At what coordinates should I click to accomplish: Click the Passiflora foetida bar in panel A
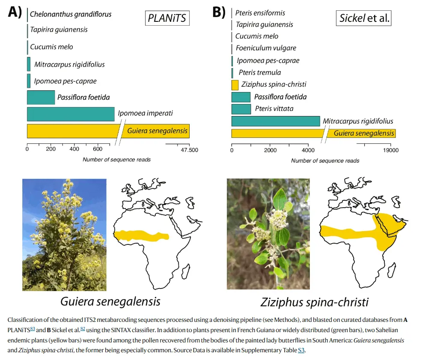tap(41, 98)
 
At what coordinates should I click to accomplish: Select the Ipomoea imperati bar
tap(71, 114)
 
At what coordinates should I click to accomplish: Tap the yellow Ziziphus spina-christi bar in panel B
tap(235, 85)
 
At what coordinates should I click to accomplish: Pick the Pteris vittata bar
tap(241, 109)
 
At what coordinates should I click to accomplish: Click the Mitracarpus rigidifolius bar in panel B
tap(276, 121)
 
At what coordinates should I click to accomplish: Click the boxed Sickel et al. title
tap(364, 18)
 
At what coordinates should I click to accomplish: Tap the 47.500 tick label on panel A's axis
tap(189, 150)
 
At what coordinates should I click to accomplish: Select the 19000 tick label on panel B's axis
tap(390, 150)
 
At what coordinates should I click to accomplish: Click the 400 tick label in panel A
tap(74, 150)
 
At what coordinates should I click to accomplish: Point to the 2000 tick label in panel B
tap(270, 150)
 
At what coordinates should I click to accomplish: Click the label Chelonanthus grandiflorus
tap(71, 14)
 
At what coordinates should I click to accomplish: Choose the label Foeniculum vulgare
tap(266, 48)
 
